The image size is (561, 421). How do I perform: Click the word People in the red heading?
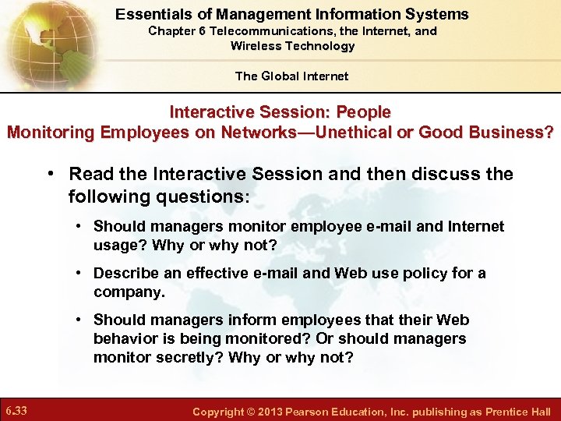363,112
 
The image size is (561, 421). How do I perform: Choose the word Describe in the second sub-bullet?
122,273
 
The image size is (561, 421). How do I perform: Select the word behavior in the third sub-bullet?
122,338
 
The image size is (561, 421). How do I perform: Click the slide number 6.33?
17,410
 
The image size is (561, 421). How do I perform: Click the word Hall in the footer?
539,411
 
